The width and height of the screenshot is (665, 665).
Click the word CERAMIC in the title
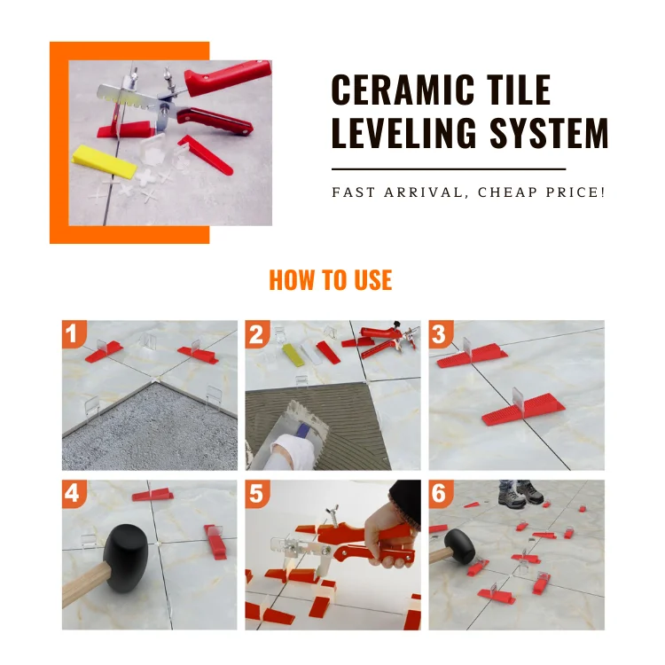(403, 90)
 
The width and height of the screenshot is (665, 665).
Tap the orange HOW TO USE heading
(331, 280)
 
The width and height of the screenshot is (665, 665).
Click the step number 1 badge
(74, 333)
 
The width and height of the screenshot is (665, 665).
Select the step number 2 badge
(257, 333)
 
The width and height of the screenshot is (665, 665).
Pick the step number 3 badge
(440, 333)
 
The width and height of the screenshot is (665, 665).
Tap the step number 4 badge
(74, 494)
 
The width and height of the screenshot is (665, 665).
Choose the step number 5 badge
(257, 494)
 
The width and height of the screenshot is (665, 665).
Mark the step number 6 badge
(440, 494)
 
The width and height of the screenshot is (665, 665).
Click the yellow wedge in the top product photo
(105, 161)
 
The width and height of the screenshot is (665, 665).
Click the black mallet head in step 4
(125, 558)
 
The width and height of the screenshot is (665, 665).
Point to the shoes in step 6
(520, 494)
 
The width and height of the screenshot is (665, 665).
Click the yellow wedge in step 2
(293, 354)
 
